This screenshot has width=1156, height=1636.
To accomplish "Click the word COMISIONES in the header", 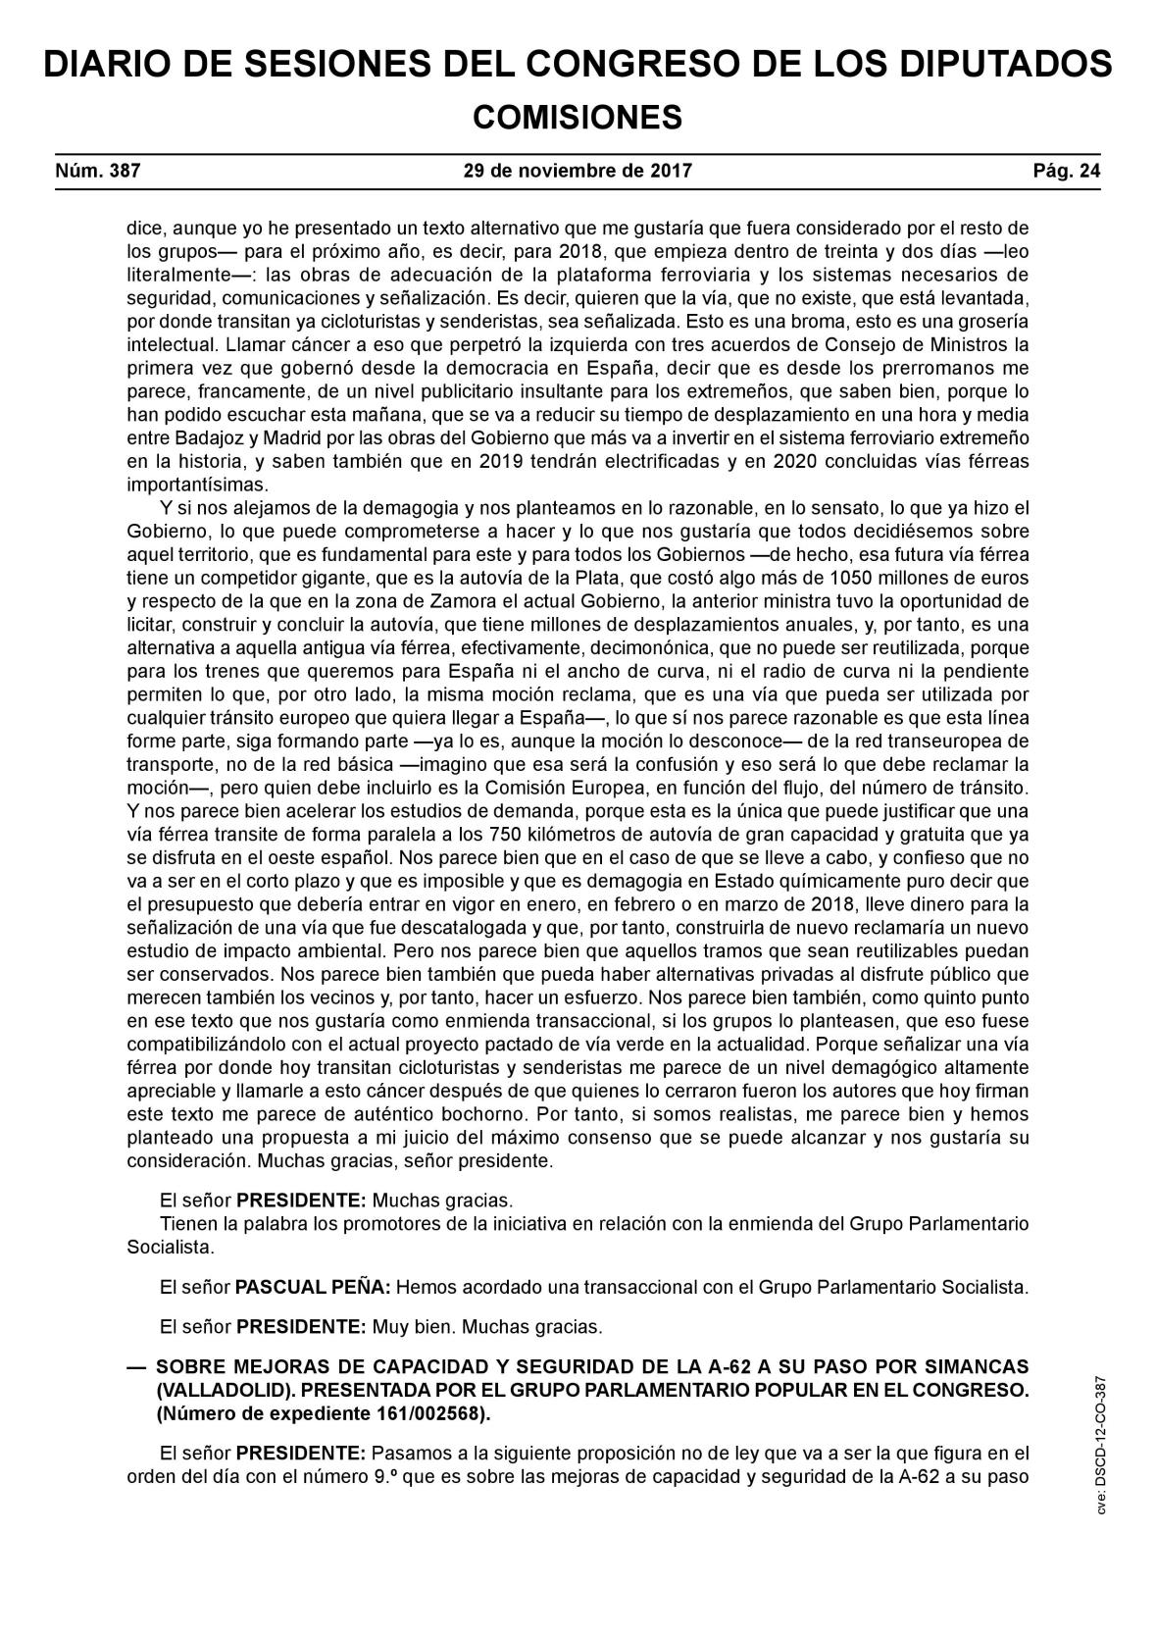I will pos(578,118).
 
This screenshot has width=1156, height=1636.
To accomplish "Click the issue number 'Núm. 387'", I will pos(98,171).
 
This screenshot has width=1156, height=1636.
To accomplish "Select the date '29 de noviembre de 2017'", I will pos(578,171).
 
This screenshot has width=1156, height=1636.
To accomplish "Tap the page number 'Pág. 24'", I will pos(1067,171).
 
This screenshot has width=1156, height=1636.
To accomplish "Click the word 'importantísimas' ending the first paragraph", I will pos(197,485).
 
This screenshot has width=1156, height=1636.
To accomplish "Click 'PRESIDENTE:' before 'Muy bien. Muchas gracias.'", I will pos(302,1327).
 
